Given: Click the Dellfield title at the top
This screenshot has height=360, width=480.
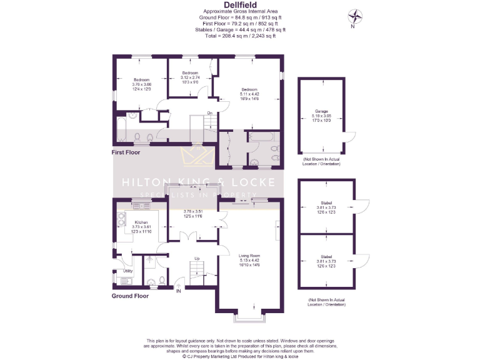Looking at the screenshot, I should click(240, 6).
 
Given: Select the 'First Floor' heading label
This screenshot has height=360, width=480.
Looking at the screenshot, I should click(126, 152).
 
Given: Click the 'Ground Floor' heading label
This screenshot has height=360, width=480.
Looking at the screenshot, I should click(130, 296).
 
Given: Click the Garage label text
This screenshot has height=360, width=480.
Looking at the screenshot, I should click(321, 112).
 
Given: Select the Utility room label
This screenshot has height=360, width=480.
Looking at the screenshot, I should click(127, 271).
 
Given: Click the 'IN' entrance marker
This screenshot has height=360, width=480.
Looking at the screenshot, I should click(178, 291).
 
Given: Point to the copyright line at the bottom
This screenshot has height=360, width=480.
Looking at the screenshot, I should click(240, 357).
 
